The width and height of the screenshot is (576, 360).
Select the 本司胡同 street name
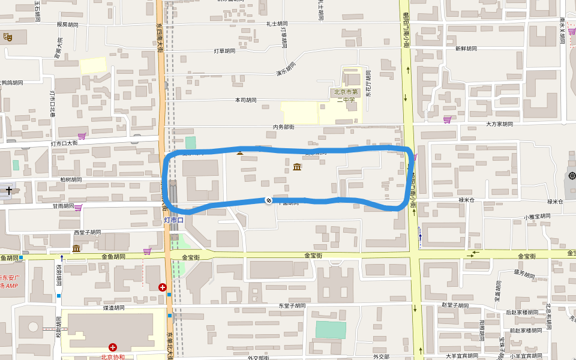(x=245, y=100)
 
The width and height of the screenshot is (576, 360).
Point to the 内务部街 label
(x=283, y=127)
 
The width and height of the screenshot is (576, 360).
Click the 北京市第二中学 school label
(x=346, y=96)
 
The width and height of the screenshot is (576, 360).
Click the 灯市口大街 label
(x=64, y=143)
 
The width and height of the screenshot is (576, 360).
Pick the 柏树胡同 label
(x=71, y=180)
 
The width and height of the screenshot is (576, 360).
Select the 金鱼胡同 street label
(x=113, y=257)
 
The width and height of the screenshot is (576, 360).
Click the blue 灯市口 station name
(x=174, y=220)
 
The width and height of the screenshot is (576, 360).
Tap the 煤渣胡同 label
(x=113, y=308)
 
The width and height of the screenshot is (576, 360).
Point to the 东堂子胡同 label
(x=292, y=306)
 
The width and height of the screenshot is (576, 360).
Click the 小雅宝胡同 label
(x=536, y=217)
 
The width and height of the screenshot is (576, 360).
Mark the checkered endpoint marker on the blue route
(x=269, y=200)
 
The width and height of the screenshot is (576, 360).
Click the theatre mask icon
(x=8, y=37)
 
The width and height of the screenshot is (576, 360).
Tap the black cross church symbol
(x=8, y=190)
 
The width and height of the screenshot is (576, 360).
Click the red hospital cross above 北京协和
(x=112, y=347)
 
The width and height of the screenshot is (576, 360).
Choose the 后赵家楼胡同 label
(x=521, y=313)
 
